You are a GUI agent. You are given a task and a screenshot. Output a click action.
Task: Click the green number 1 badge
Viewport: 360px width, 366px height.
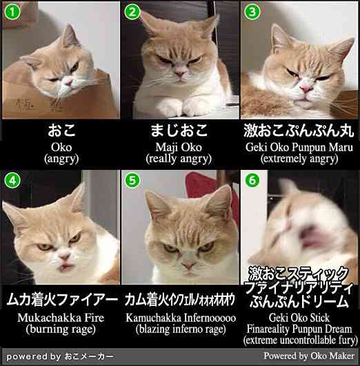[x=12, y=12]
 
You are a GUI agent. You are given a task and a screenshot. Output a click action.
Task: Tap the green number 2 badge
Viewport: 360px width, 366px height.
[x=132, y=12]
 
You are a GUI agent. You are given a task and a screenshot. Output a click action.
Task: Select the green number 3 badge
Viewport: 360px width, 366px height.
[x=252, y=12]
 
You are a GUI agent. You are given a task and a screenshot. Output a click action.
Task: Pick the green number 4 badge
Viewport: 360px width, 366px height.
[x=12, y=180]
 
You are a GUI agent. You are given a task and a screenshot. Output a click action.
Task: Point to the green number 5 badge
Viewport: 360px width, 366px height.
[x=132, y=180]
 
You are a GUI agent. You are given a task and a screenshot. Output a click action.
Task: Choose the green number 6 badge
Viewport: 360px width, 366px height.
[x=252, y=180]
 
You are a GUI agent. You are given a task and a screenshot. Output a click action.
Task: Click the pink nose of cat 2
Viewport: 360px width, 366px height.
[x=180, y=73]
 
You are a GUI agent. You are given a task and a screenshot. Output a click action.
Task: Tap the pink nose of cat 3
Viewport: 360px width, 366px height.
[x=306, y=88]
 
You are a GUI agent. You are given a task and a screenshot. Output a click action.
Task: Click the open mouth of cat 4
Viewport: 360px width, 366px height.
[x=66, y=266]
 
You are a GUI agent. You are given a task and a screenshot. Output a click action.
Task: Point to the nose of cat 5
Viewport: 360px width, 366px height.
[x=188, y=264]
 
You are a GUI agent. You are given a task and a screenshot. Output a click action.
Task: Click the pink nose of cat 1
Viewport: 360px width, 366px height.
[x=69, y=82]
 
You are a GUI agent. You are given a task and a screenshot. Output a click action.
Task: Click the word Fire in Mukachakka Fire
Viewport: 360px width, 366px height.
[x=94, y=318]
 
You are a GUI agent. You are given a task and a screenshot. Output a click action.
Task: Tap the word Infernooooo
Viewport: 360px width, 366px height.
[x=210, y=318]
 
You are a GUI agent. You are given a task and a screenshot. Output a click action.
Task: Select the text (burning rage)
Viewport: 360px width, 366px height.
[x=61, y=329]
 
